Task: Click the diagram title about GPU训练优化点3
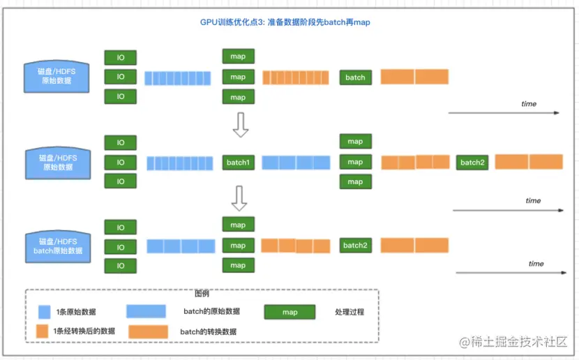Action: click(285, 22)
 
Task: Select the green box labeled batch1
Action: click(238, 163)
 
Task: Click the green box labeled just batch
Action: click(355, 77)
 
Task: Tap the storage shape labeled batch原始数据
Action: click(58, 246)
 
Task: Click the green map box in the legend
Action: click(289, 312)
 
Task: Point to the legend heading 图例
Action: click(202, 294)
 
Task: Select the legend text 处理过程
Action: click(349, 312)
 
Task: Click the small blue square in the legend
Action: click(45, 312)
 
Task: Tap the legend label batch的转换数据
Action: click(208, 331)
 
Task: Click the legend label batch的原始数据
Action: click(211, 311)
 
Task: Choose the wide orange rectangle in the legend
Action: click(148, 331)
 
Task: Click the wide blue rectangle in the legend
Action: click(146, 311)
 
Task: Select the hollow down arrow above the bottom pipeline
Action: click(239, 198)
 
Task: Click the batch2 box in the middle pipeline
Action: click(472, 163)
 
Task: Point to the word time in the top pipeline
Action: click(529, 104)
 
